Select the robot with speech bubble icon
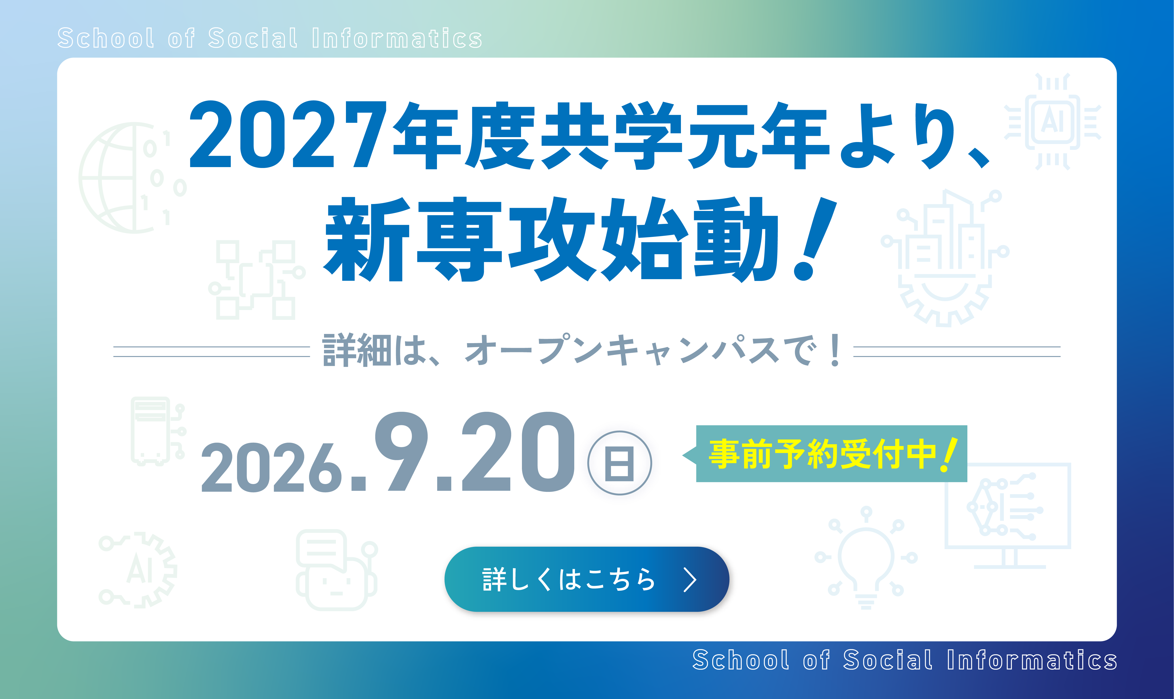(336, 570)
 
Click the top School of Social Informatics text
(270, 38)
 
